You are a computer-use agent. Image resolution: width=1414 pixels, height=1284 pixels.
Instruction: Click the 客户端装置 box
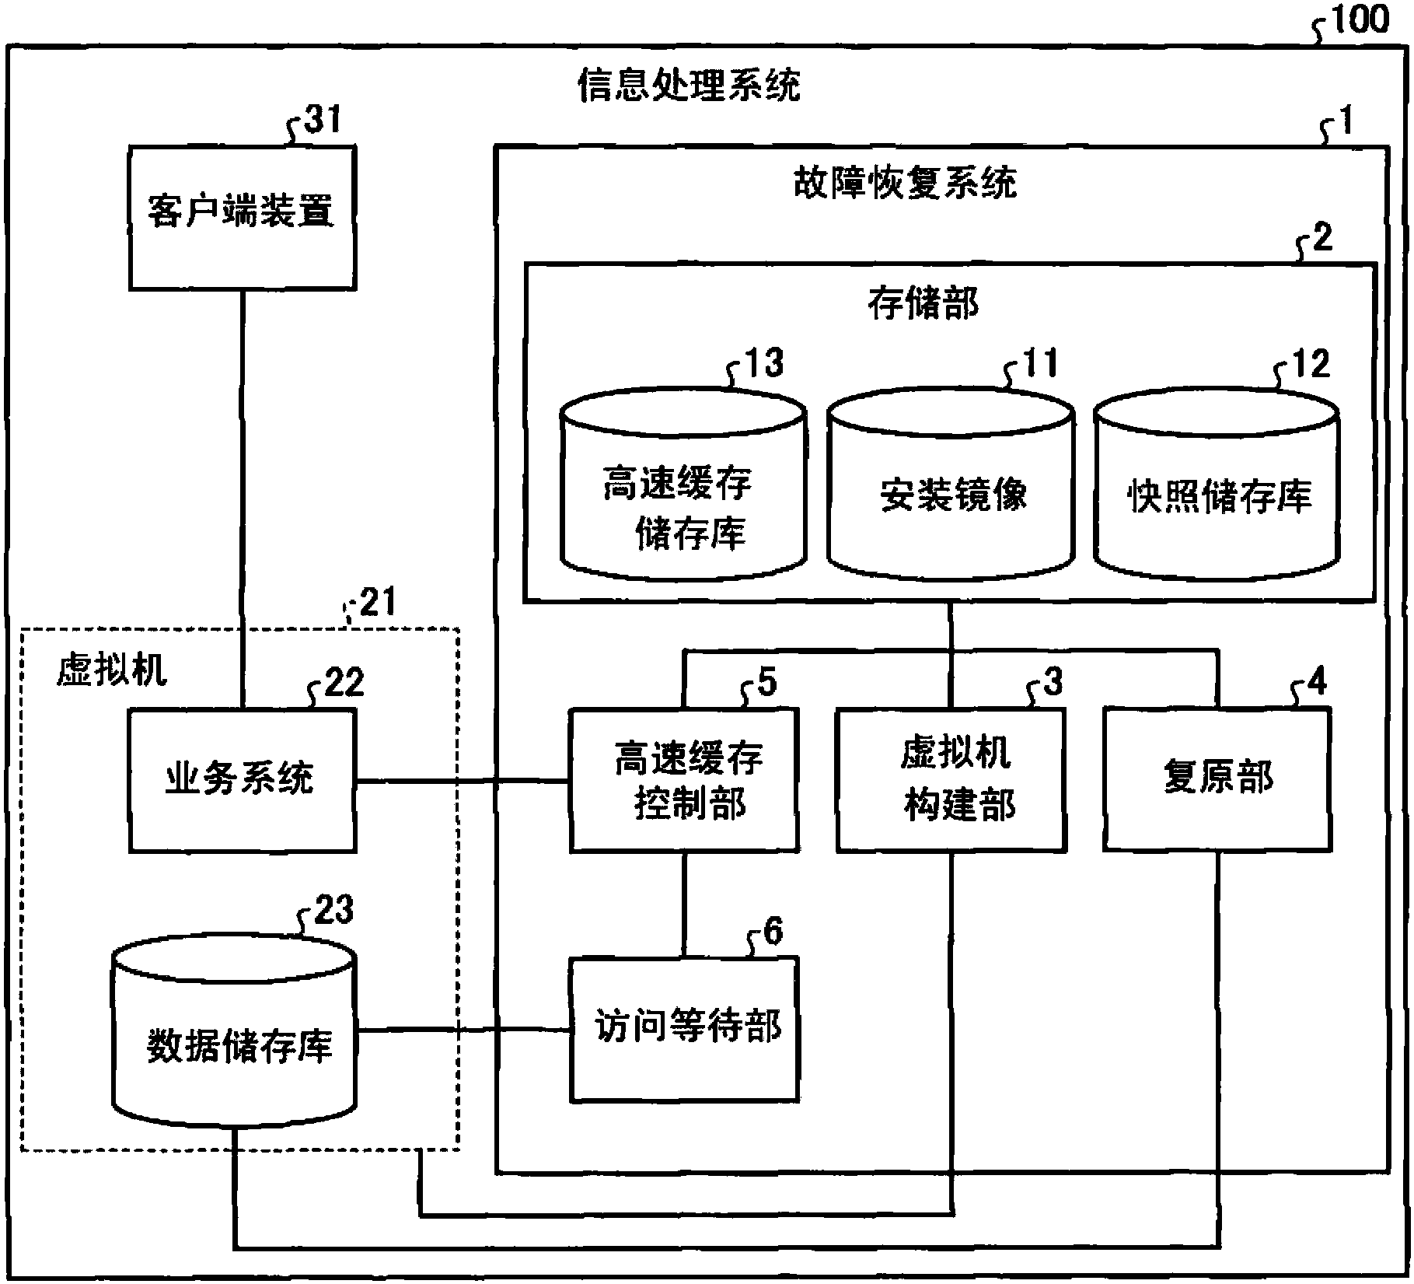click(242, 218)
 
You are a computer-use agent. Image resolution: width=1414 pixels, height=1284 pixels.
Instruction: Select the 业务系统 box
click(242, 780)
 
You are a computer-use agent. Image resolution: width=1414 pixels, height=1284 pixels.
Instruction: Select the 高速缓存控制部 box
click(684, 780)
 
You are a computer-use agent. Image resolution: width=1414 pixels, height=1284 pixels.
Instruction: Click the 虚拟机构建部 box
click(951, 780)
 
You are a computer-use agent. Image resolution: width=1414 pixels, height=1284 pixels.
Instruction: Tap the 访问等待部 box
click(684, 1028)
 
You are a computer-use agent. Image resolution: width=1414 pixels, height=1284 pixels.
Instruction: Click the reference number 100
click(1359, 19)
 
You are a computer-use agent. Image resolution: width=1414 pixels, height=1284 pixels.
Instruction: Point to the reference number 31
click(322, 121)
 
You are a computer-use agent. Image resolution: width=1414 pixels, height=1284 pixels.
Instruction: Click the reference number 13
click(763, 363)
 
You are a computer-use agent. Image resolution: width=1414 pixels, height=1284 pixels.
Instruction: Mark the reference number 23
click(333, 908)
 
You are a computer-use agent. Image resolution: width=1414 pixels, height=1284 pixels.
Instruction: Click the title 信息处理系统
click(688, 86)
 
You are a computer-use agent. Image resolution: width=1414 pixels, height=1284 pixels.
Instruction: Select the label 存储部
click(923, 304)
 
